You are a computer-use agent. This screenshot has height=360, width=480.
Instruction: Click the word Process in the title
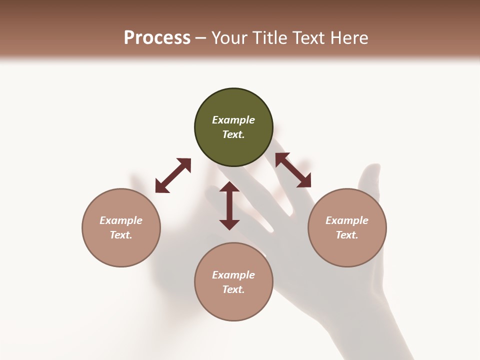click(x=157, y=38)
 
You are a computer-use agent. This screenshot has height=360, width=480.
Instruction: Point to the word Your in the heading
click(x=230, y=38)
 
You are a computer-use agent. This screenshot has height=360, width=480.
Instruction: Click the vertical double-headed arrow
click(x=229, y=205)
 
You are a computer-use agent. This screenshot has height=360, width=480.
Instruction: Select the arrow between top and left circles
click(x=173, y=175)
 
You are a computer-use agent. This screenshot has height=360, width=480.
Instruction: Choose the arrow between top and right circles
click(x=293, y=170)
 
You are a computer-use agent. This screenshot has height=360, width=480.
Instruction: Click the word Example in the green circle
click(x=233, y=120)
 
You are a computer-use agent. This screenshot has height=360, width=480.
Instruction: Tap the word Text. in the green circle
click(x=233, y=134)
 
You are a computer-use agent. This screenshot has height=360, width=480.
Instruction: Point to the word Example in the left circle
click(x=121, y=220)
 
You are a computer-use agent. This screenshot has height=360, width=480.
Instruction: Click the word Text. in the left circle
click(x=121, y=235)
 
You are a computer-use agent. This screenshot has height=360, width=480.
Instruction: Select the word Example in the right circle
click(x=347, y=220)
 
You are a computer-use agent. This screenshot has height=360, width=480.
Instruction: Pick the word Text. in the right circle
click(x=347, y=235)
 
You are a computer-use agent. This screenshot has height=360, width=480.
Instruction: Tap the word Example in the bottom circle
click(x=233, y=275)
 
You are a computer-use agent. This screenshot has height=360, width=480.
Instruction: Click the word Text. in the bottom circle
click(x=233, y=289)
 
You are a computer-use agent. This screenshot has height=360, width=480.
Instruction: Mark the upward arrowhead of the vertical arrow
click(x=229, y=187)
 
